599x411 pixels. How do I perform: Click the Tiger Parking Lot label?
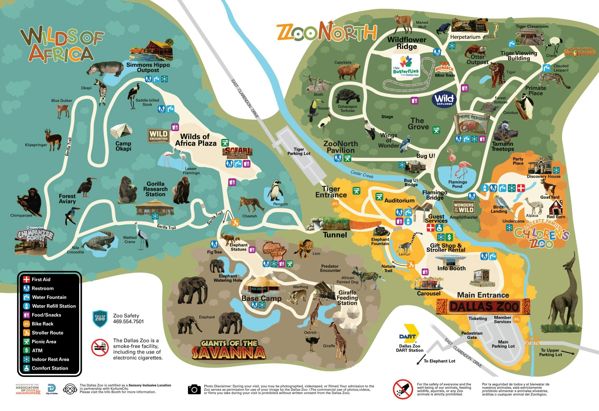point(299,151)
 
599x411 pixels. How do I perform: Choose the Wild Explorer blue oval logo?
point(444,99)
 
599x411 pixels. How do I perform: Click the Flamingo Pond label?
point(457,184)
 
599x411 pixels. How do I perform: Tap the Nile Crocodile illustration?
point(99,241)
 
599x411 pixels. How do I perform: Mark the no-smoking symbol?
point(100,347)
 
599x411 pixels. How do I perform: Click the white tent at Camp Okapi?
point(121,131)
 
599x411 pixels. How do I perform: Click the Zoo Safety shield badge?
point(100,318)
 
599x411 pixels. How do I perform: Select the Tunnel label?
point(335,235)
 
